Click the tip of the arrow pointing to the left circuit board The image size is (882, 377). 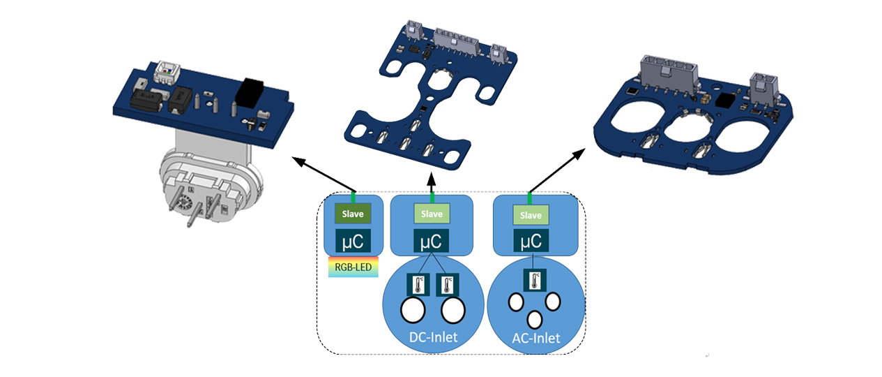point(292,157)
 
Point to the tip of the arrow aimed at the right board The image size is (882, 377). point(585,149)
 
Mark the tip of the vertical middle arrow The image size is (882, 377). point(432,172)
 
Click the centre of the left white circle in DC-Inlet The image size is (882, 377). point(413,310)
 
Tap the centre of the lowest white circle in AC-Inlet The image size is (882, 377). point(534,320)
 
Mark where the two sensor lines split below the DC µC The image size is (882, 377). point(432,253)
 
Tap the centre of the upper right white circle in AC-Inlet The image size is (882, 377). point(552,302)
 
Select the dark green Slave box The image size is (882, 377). point(353,214)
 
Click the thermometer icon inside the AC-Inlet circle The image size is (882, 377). point(534,281)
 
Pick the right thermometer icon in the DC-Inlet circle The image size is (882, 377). point(448,285)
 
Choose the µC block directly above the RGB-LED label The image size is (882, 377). point(353,241)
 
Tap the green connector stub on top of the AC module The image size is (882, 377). point(530,198)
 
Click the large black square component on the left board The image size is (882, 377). point(249,93)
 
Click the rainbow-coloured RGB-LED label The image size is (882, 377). point(353,267)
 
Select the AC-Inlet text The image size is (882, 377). point(536,339)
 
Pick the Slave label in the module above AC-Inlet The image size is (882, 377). point(531,215)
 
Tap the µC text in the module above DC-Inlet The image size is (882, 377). point(431,242)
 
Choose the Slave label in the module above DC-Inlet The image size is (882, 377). point(432,214)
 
